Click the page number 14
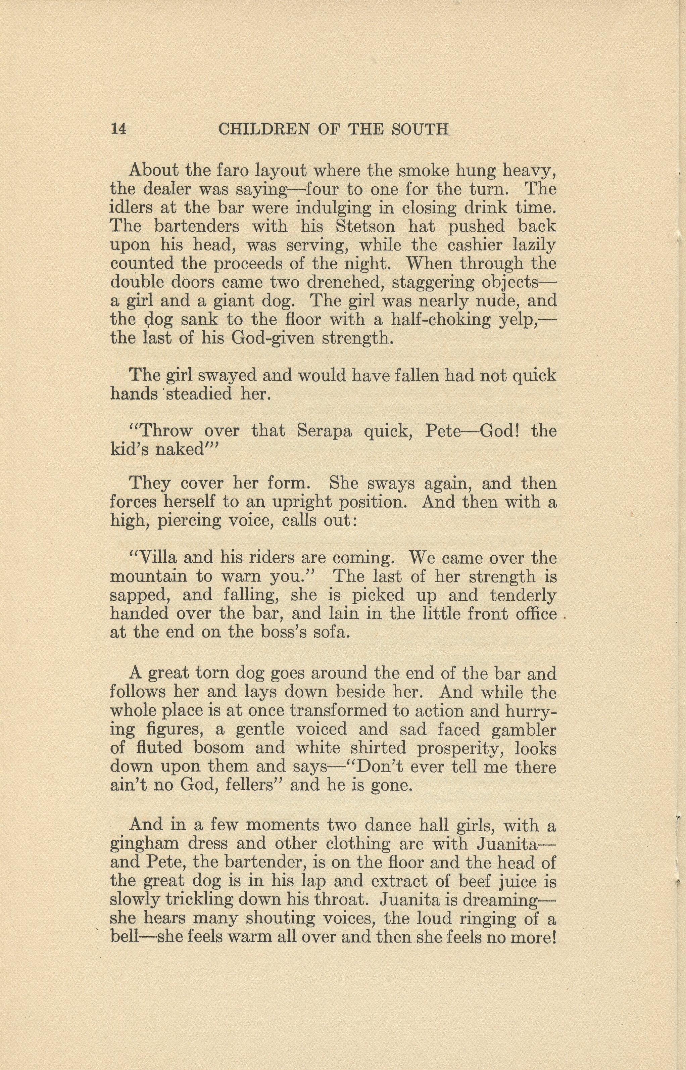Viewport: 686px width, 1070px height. [118, 129]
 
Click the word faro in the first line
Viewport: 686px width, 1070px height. [233, 170]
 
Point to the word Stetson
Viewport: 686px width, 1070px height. [365, 226]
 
